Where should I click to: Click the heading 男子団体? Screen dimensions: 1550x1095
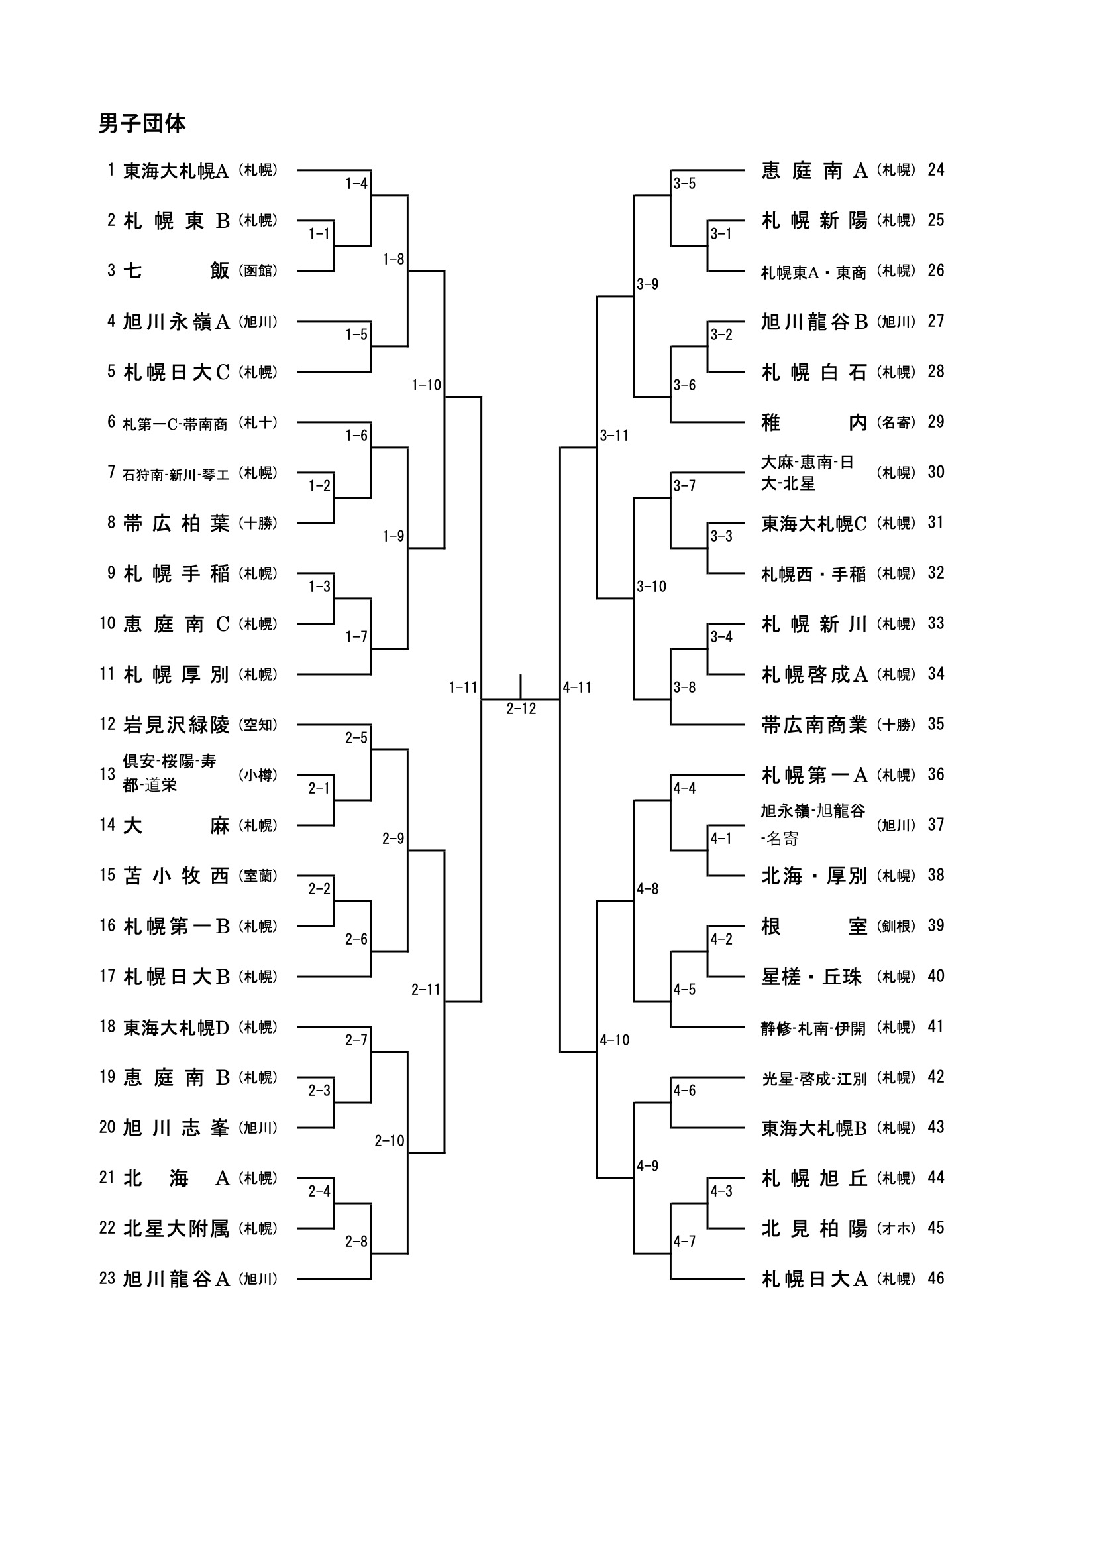click(x=142, y=123)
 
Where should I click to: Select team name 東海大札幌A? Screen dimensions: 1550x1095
click(x=176, y=171)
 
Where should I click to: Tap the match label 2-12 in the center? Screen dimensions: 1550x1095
click(x=521, y=709)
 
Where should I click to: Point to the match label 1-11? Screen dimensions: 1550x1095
click(x=463, y=687)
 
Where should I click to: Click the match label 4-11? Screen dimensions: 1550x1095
click(x=577, y=687)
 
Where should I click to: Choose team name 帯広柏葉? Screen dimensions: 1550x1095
click(x=176, y=523)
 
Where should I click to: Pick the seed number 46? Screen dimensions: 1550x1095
click(x=936, y=1278)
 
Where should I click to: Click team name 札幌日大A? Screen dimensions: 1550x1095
click(x=814, y=1280)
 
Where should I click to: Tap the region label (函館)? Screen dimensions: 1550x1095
click(x=258, y=270)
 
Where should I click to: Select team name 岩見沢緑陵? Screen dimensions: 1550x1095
click(x=176, y=725)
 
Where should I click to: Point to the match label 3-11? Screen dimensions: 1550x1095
click(x=614, y=436)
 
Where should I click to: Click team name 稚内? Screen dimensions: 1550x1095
click(x=814, y=422)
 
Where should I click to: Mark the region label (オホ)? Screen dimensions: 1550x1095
click(x=896, y=1228)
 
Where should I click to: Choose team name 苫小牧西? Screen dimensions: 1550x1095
click(x=176, y=876)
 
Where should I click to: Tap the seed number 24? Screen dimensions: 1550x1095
click(x=936, y=170)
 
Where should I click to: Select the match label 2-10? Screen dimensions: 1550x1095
click(x=390, y=1141)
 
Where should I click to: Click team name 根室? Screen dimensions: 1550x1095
click(x=814, y=926)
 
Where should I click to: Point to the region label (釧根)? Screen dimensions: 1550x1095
click(x=896, y=926)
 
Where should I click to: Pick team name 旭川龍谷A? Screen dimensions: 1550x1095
click(x=176, y=1280)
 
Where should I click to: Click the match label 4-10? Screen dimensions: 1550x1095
click(x=614, y=1040)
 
